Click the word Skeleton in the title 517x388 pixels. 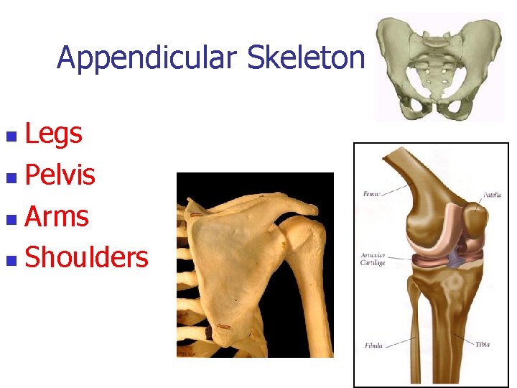[x=306, y=58]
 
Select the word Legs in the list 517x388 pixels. [x=54, y=134]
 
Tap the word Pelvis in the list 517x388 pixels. [x=60, y=175]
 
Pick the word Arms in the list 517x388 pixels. [x=57, y=216]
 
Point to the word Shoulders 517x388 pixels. [x=86, y=257]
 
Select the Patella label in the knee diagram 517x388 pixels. [x=493, y=194]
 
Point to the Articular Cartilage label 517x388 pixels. [x=373, y=259]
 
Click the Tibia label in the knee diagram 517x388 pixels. [x=483, y=344]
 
